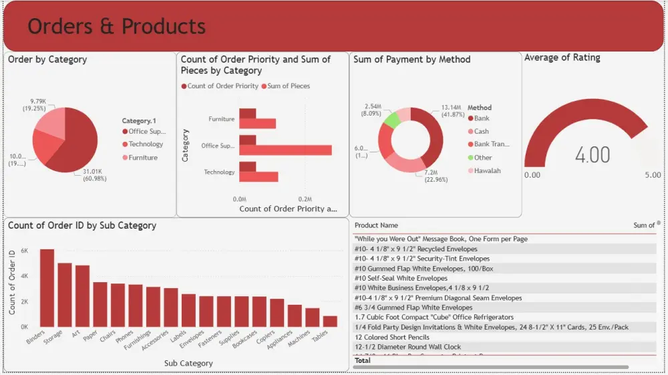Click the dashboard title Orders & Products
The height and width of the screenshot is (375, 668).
click(x=116, y=26)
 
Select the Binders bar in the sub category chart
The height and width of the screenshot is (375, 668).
click(x=47, y=287)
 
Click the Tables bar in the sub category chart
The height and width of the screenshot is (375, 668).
click(x=330, y=321)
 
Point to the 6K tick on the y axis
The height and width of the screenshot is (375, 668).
click(x=24, y=251)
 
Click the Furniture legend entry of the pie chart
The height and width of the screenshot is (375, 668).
click(x=143, y=158)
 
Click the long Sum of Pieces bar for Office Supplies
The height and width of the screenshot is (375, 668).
click(x=285, y=150)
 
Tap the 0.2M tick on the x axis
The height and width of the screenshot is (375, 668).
click(x=305, y=199)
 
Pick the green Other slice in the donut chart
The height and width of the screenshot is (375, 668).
click(x=392, y=120)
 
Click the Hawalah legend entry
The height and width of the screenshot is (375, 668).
click(x=487, y=170)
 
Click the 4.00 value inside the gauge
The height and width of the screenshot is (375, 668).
click(x=593, y=155)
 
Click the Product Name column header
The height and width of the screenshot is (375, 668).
click(x=376, y=225)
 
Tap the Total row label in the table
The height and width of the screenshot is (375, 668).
click(x=363, y=360)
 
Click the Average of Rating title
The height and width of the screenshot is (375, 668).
click(x=562, y=58)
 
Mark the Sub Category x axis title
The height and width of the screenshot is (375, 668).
click(x=188, y=364)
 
